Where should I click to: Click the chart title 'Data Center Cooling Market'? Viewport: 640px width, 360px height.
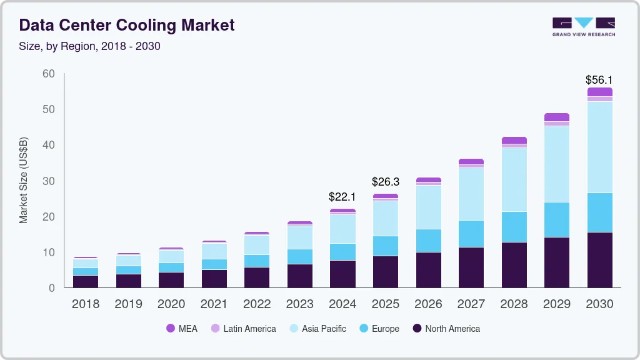pos(127,25)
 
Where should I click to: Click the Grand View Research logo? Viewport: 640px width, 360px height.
pos(583,27)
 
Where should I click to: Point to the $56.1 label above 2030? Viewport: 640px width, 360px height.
pos(599,80)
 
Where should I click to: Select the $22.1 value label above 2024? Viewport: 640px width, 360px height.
pos(342,197)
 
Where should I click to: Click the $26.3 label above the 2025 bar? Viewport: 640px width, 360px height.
pos(385,182)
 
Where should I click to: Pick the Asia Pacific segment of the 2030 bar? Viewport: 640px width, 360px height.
pos(599,147)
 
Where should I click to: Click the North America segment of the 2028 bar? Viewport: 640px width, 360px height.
pos(514,265)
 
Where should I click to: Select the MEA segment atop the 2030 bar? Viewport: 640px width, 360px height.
pos(599,92)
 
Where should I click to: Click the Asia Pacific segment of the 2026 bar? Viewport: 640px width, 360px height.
pos(428,207)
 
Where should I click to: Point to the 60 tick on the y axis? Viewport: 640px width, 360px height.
pos(49,74)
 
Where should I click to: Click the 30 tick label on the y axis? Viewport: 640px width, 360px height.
pos(49,181)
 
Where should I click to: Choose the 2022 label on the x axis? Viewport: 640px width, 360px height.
pos(257,304)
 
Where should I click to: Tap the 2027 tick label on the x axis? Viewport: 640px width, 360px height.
pos(471,304)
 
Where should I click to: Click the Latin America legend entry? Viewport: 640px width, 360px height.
pos(244,329)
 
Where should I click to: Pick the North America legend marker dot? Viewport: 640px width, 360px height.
pos(417,329)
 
